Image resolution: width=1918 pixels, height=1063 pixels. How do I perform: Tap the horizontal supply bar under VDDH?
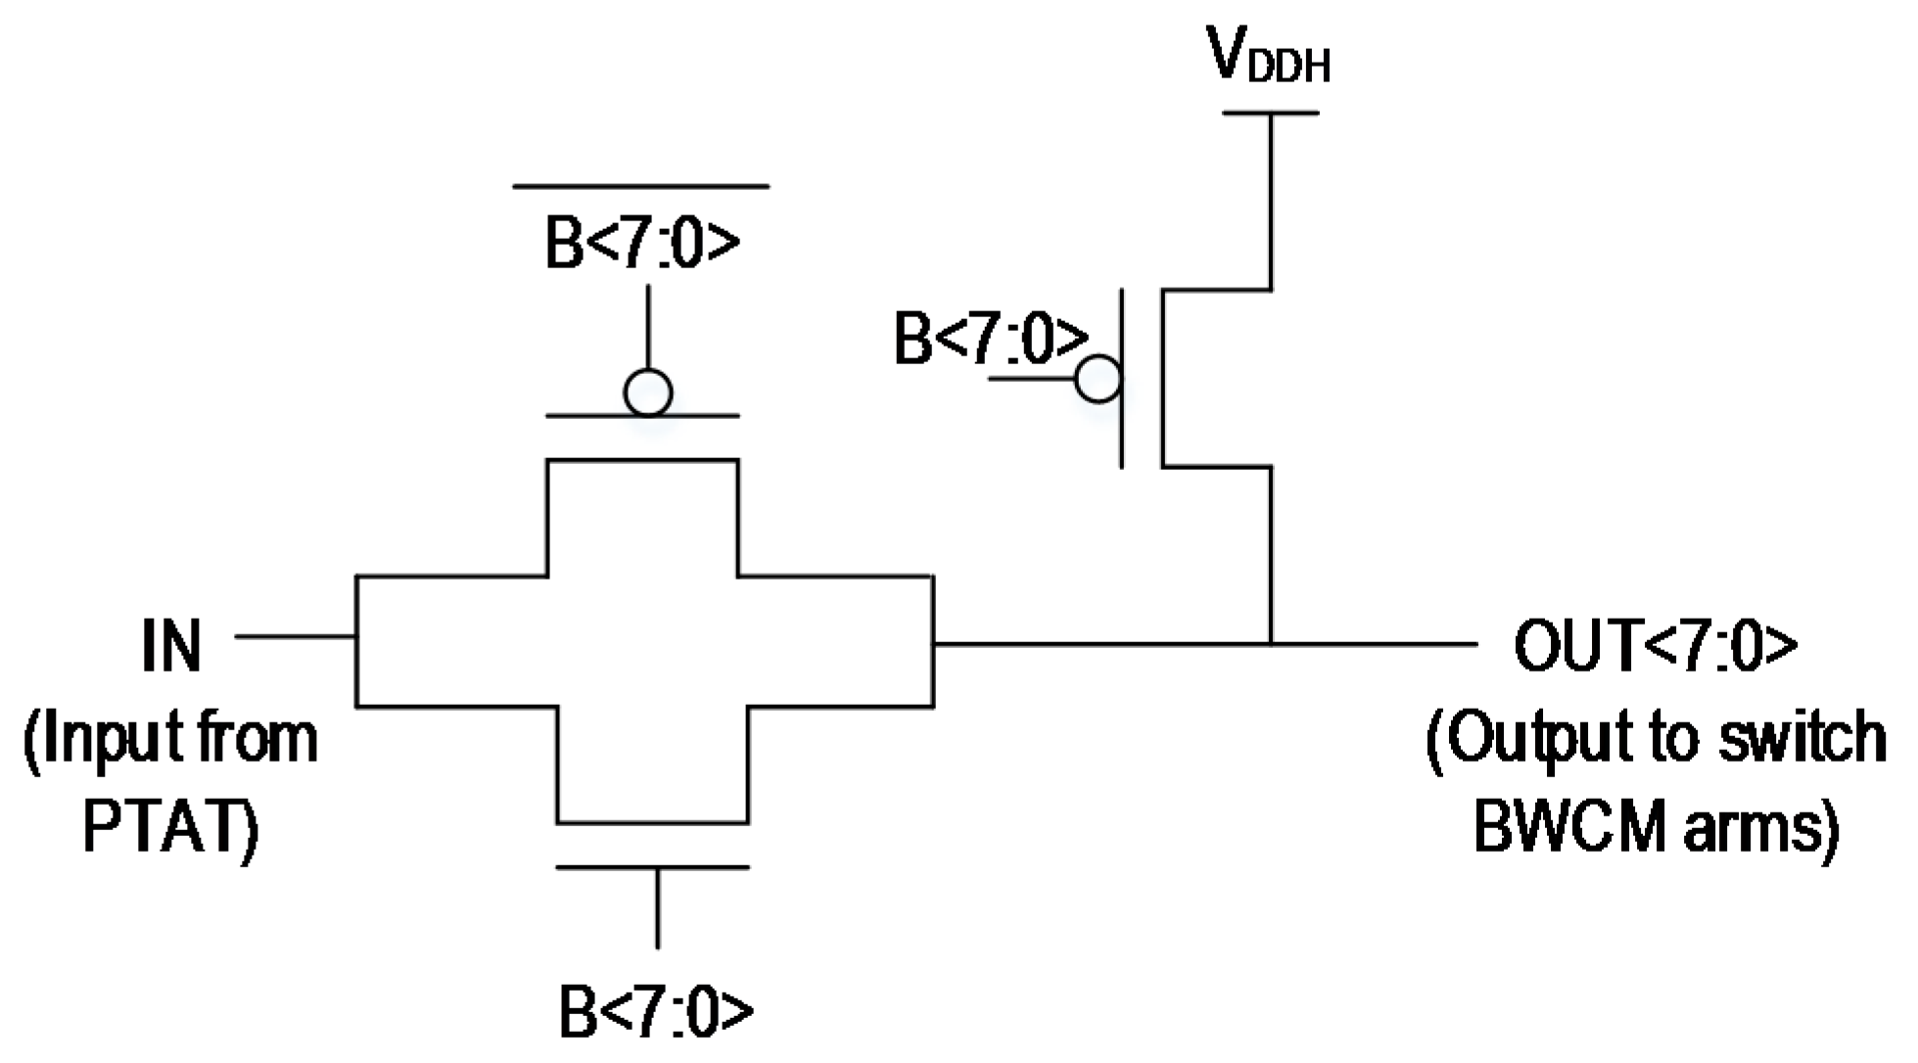pos(1270,114)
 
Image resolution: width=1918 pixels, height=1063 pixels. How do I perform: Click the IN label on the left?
pos(171,646)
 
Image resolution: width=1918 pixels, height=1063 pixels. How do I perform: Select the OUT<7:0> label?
pos(1656,646)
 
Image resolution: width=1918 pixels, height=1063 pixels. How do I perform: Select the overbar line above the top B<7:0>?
pos(641,185)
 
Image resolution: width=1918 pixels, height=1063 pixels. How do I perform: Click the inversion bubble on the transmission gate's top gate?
pos(647,393)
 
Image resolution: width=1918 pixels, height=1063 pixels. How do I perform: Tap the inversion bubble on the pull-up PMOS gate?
pos(1099,378)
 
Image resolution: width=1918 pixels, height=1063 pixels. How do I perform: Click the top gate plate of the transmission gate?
pos(642,417)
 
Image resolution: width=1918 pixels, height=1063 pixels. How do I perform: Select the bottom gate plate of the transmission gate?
pos(653,867)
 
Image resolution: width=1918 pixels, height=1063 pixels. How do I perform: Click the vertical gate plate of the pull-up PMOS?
pos(1122,378)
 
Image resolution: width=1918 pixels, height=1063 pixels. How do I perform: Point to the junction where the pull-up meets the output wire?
pos(1271,644)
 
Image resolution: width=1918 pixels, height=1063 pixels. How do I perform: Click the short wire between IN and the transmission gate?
pos(295,636)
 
